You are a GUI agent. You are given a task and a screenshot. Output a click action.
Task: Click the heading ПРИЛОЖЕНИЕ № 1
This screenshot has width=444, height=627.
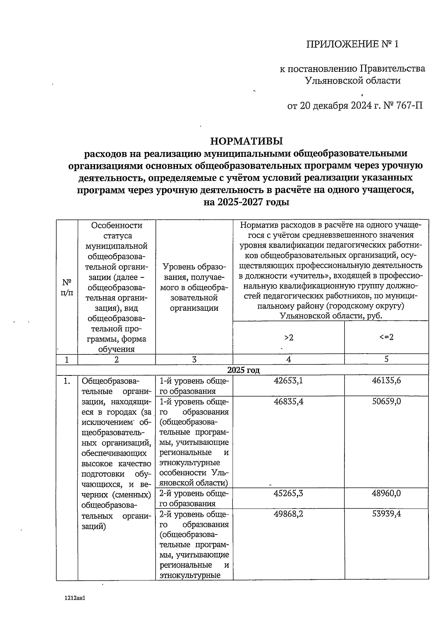[x=353, y=45]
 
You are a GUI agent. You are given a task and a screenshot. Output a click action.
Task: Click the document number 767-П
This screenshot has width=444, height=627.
[x=408, y=106]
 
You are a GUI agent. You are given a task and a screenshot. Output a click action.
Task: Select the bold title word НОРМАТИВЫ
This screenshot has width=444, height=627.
[x=246, y=141]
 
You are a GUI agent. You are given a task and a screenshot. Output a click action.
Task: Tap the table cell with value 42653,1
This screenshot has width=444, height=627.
[x=288, y=381]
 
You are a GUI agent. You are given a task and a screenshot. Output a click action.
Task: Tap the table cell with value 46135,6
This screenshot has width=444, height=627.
[x=386, y=381]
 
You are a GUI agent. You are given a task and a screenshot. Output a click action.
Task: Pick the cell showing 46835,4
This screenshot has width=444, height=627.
[x=288, y=401]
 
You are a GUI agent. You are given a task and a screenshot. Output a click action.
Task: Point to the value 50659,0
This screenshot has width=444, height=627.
[x=386, y=401]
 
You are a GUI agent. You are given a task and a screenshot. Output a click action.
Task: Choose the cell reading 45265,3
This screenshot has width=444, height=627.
[x=288, y=493]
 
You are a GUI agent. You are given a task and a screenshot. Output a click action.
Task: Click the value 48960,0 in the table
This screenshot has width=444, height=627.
[x=386, y=493]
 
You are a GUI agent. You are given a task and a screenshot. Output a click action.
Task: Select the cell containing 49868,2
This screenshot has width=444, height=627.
[x=288, y=514]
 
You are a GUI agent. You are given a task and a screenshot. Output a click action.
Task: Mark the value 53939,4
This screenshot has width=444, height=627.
[x=386, y=514]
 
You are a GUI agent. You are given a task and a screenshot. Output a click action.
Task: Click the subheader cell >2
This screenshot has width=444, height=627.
[x=288, y=337]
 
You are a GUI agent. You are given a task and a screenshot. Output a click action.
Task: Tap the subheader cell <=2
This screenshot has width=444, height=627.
[x=386, y=337]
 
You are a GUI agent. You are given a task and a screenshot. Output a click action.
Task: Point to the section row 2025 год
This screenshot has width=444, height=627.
[x=243, y=370]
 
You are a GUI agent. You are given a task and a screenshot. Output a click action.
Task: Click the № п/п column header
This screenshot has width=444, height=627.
[x=67, y=287]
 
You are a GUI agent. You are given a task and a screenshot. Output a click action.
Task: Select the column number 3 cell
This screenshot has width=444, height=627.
[x=194, y=359]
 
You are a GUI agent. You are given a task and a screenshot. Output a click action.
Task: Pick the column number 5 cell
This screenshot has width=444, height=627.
[x=386, y=359]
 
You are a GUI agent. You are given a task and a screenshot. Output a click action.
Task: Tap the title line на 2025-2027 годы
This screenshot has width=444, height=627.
[x=246, y=202]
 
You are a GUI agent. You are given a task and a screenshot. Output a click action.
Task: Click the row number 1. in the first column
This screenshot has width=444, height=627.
[x=67, y=381]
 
